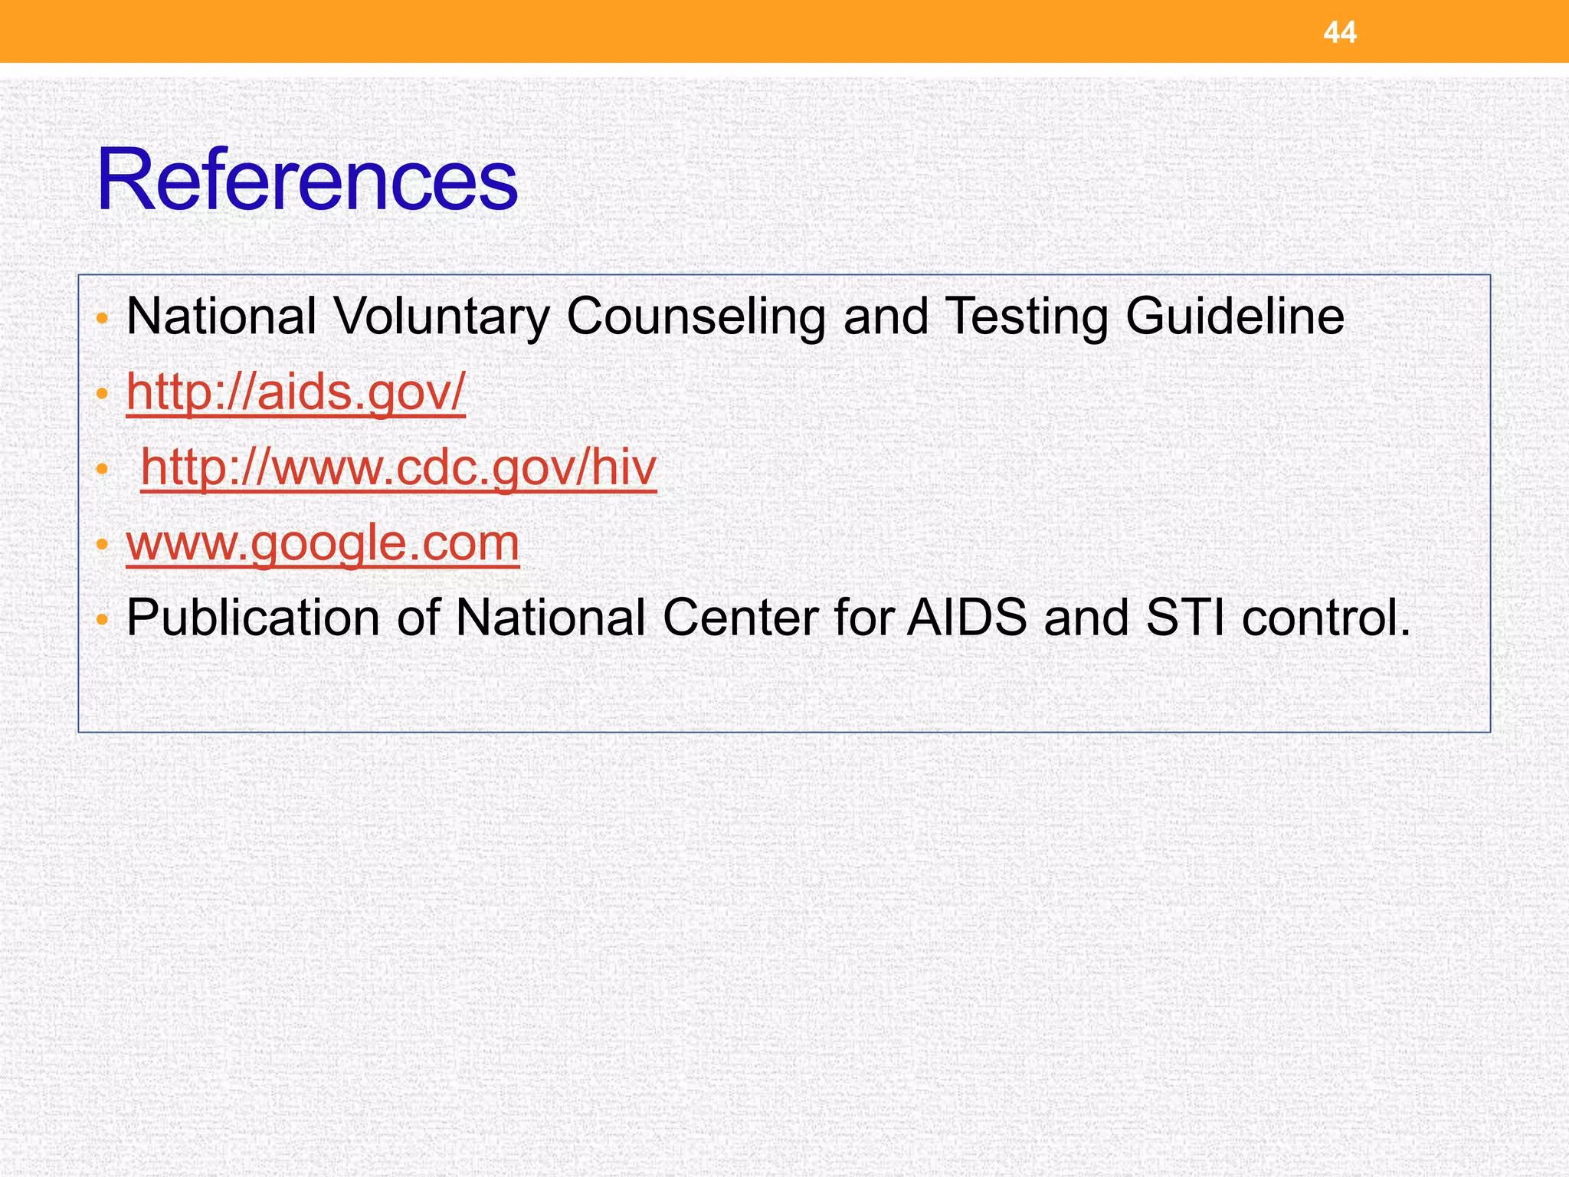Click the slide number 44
coord(1340,32)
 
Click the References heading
coord(307,181)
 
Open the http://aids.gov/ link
coord(296,392)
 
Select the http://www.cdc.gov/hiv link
coord(398,467)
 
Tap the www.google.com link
coord(323,542)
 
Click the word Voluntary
coord(442,316)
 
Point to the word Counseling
coord(695,316)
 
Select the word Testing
coord(1026,316)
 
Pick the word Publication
coord(253,618)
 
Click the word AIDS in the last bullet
coord(966,618)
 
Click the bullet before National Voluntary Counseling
coord(103,317)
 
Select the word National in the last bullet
coord(550,618)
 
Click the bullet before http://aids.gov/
coord(103,393)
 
